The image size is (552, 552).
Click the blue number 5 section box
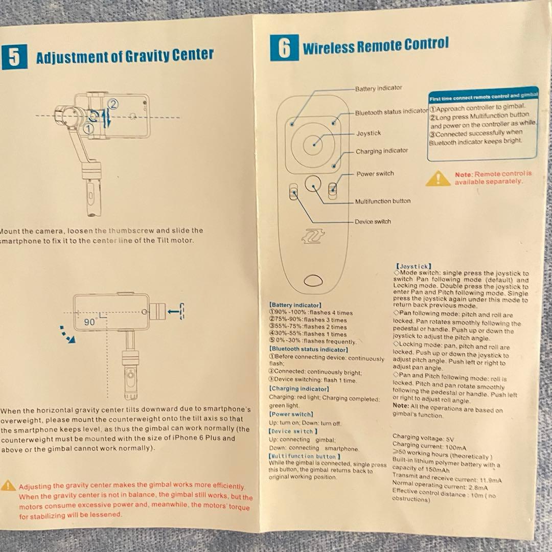pyautogui.click(x=14, y=56)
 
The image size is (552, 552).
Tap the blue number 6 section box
pyautogui.click(x=284, y=48)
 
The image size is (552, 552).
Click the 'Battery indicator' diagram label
pyautogui.click(x=378, y=88)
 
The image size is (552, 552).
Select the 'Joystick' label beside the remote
pyautogui.click(x=369, y=133)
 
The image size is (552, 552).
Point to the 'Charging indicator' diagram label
pyautogui.click(x=382, y=151)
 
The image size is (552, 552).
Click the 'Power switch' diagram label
pyautogui.click(x=375, y=174)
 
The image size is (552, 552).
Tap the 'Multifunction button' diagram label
pyautogui.click(x=382, y=201)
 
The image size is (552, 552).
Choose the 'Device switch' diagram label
pyautogui.click(x=373, y=222)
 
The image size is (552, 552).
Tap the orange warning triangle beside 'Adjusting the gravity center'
pyautogui.click(x=8, y=486)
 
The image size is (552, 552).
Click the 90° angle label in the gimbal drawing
pyautogui.click(x=90, y=323)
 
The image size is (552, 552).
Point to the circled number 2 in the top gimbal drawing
pyautogui.click(x=114, y=104)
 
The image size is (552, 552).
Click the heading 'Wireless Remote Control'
pyautogui.click(x=376, y=46)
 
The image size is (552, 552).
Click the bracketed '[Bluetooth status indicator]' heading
pyautogui.click(x=308, y=350)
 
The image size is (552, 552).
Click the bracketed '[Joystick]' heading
pyautogui.click(x=413, y=266)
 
